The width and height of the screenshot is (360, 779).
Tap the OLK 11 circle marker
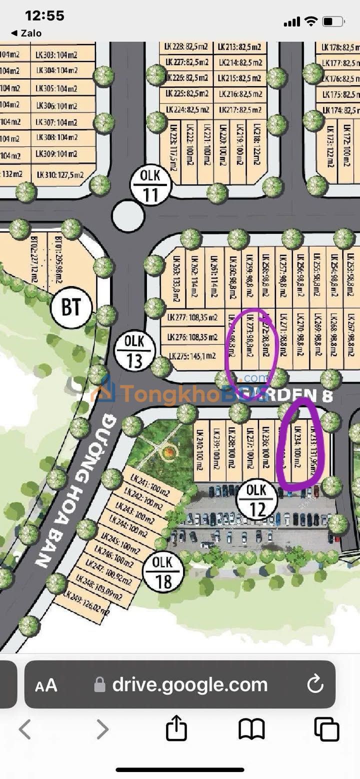pyautogui.click(x=151, y=184)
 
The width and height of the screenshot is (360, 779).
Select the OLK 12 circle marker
pyautogui.click(x=257, y=499)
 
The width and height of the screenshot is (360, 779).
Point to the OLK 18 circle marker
pyautogui.click(x=163, y=572)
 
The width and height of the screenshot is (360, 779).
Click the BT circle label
pyautogui.click(x=71, y=307)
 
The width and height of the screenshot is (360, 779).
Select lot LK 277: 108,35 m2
pyautogui.click(x=193, y=317)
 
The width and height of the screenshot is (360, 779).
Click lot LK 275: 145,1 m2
pyautogui.click(x=192, y=356)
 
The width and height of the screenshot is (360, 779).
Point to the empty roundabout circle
pyautogui.click(x=128, y=216)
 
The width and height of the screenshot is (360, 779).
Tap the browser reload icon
pyautogui.click(x=315, y=684)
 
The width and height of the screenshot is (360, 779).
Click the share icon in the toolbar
pyautogui.click(x=176, y=729)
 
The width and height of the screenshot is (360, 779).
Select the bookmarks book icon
pyautogui.click(x=251, y=729)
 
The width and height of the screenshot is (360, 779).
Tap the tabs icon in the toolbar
pyautogui.click(x=326, y=729)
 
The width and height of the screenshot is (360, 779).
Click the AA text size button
pyautogui.click(x=46, y=685)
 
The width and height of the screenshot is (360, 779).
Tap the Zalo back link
pyautogui.click(x=27, y=33)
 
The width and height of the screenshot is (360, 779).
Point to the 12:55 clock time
pyautogui.click(x=44, y=16)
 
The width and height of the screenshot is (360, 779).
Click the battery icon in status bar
pyautogui.click(x=333, y=21)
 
